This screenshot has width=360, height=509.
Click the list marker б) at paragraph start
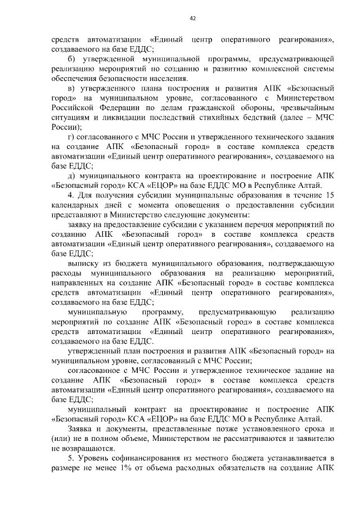click(71, 58)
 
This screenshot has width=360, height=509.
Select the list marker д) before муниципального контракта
click(71, 175)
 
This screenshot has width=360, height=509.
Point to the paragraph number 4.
click(70, 195)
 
